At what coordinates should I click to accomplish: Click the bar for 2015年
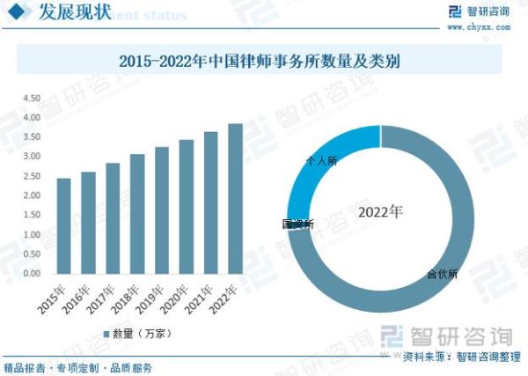point(63,225)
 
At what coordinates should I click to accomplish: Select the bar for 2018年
point(137,214)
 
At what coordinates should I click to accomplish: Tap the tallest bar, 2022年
point(235,198)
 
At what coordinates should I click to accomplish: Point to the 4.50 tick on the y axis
point(32,99)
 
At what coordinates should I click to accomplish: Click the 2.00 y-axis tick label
point(32,195)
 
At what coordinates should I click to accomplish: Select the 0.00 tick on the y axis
point(32,274)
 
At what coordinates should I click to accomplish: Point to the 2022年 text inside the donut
point(380,213)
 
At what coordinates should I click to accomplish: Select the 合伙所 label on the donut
point(441,274)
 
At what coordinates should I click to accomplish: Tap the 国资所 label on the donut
point(297,225)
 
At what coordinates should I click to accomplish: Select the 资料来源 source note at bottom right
point(457,357)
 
